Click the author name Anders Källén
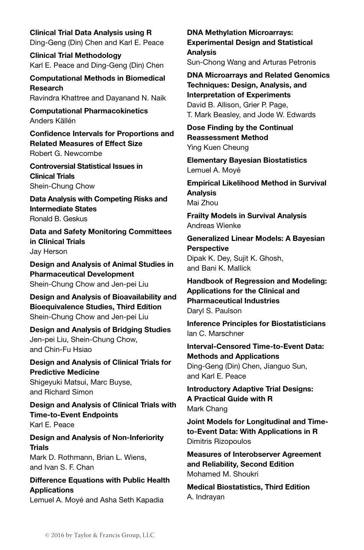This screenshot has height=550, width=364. [52, 121]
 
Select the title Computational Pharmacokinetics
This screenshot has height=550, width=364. [89, 111]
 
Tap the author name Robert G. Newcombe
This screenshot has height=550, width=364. [66, 153]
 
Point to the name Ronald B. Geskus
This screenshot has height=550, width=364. [59, 219]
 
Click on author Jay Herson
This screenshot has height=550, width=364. [48, 251]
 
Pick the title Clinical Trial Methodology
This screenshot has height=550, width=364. [75, 55]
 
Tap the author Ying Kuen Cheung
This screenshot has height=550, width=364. [218, 147]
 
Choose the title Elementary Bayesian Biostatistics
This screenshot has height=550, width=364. [247, 160]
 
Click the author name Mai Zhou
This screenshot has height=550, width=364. [202, 203]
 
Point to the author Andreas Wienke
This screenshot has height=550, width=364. [214, 225]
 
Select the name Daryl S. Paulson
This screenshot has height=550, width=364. [214, 310]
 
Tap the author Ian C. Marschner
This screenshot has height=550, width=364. [215, 333]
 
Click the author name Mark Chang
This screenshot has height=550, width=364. [207, 409]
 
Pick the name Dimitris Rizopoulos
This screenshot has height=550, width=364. [219, 441]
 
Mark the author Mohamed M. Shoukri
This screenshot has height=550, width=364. [223, 474]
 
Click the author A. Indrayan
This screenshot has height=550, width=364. [206, 497]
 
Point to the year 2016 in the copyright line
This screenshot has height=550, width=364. [57, 535]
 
